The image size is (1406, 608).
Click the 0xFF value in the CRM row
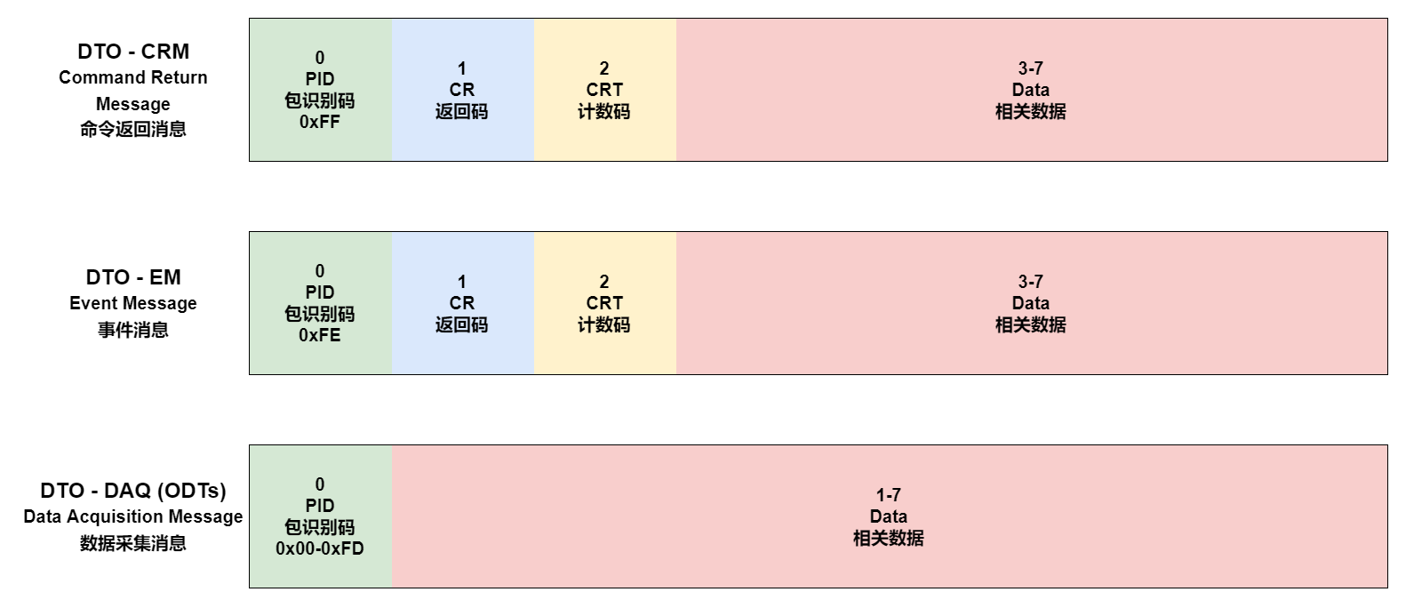click(320, 123)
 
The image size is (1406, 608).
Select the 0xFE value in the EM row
click(320, 336)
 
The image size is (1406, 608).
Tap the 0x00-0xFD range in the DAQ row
click(320, 549)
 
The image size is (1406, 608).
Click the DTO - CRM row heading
click(133, 52)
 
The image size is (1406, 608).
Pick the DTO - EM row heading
click(133, 277)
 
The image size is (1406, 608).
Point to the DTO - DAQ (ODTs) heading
click(133, 491)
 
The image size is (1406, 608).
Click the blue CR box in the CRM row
click(462, 90)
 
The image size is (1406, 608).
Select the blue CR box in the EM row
click(462, 303)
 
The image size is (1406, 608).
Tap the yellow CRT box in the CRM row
click(604, 90)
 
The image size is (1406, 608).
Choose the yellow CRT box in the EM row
click(604, 303)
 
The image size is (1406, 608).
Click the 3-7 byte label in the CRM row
click(1031, 68)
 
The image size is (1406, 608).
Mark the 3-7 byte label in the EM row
click(1031, 282)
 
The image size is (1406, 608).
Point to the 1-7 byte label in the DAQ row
click(889, 495)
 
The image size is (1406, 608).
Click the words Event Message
click(133, 304)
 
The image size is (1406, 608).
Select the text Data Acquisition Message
click(133, 517)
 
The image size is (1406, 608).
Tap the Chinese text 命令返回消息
click(133, 130)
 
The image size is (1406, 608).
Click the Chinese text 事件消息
click(133, 330)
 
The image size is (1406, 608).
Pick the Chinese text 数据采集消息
click(133, 543)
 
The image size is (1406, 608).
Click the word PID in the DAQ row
click(320, 506)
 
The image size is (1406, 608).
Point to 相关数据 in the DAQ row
click(889, 539)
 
